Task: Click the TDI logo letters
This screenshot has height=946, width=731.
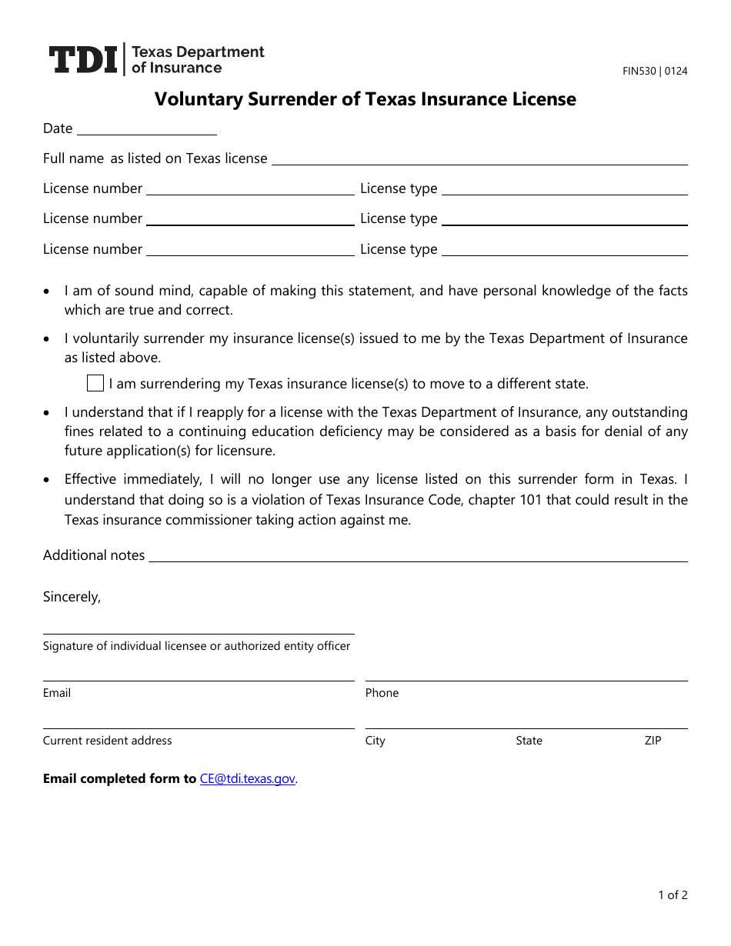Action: (x=83, y=60)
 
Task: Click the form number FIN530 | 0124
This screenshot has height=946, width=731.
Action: (x=655, y=72)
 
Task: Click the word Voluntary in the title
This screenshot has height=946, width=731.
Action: (x=199, y=99)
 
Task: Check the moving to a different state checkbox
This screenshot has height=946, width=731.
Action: (x=95, y=383)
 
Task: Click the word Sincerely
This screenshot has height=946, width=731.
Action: (x=72, y=597)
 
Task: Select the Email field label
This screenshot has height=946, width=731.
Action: (x=57, y=693)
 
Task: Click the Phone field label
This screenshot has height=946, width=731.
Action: (x=382, y=693)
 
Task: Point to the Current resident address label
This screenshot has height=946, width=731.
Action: (x=107, y=741)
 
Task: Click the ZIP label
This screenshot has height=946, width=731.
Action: (x=653, y=741)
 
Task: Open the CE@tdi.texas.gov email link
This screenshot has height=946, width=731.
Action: (x=247, y=778)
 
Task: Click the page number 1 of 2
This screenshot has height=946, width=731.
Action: (x=673, y=894)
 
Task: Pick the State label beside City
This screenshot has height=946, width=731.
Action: (x=529, y=741)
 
